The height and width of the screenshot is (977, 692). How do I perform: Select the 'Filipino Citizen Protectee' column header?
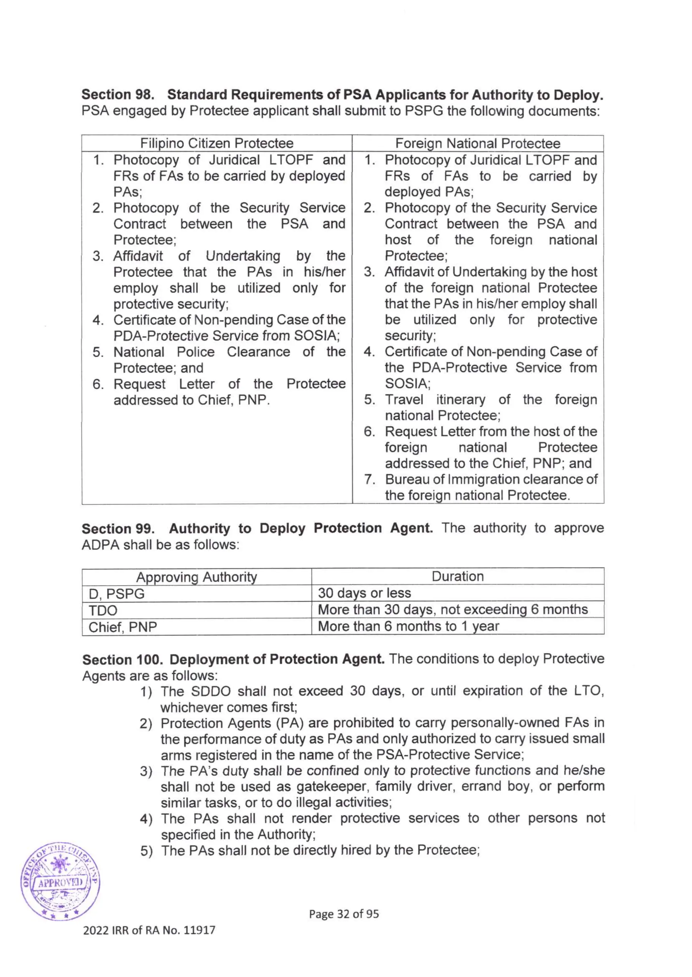[217, 143]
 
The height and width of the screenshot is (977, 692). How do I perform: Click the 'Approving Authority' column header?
[196, 577]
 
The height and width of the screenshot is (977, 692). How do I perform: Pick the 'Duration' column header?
[457, 576]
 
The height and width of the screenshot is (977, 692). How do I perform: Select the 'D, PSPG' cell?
[116, 594]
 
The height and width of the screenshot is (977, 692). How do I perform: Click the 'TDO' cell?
[103, 610]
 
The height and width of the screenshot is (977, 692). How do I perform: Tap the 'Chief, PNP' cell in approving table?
[123, 627]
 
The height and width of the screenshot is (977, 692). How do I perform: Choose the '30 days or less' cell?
[364, 593]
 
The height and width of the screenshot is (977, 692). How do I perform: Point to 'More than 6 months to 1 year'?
[408, 626]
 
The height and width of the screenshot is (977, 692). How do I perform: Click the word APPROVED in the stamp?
[60, 882]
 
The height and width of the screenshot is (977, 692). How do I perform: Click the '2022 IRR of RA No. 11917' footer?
[149, 930]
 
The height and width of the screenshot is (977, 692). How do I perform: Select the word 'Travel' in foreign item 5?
[404, 400]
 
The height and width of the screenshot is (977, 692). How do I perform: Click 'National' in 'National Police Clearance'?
[139, 352]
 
